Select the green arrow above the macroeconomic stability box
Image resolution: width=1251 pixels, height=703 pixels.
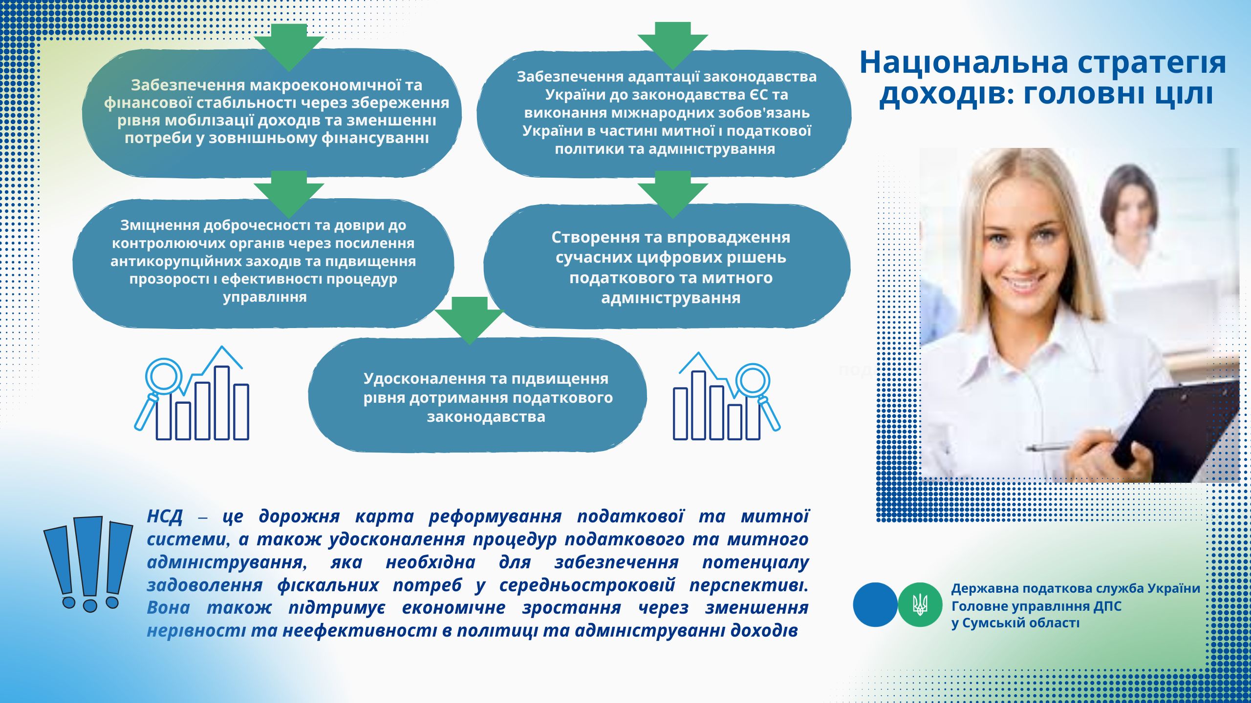click(x=289, y=47)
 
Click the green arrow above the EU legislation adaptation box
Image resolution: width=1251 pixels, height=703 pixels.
click(x=673, y=45)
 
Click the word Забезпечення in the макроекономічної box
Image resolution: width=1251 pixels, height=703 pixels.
click(x=188, y=85)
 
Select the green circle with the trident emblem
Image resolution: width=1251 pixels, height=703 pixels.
click(x=920, y=605)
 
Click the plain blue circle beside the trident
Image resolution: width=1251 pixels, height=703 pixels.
click(x=875, y=605)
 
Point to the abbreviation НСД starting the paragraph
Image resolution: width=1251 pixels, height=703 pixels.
click(x=165, y=517)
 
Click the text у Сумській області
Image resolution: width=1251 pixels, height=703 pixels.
click(x=1015, y=623)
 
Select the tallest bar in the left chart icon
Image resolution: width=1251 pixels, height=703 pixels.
click(x=222, y=403)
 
